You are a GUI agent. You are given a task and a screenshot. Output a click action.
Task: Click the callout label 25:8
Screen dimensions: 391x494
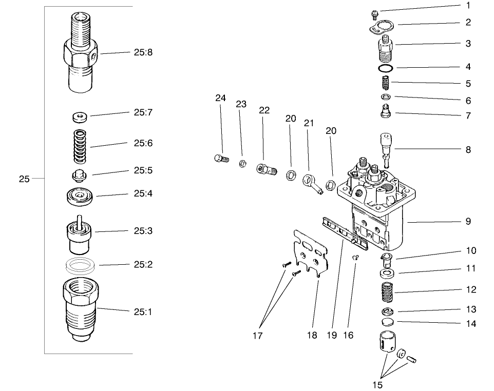142,52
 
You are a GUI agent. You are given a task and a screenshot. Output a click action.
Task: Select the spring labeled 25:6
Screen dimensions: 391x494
80,145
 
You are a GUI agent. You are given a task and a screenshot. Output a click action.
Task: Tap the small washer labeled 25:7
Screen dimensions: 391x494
79,117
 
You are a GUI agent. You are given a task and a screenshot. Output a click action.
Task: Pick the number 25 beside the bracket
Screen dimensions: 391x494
24,180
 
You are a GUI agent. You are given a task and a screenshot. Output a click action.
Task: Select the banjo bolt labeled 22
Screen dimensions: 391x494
265,168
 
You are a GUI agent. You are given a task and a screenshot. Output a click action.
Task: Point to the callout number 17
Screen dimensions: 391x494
257,336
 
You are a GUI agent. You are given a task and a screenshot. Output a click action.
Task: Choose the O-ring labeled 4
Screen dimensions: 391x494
386,68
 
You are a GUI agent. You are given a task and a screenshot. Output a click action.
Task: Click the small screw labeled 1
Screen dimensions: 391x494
375,14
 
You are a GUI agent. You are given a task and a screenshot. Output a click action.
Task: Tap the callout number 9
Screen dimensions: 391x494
468,222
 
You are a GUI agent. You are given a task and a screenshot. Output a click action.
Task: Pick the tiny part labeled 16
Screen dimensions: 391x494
354,258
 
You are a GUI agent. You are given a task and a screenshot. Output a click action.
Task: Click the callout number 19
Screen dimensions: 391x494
331,336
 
